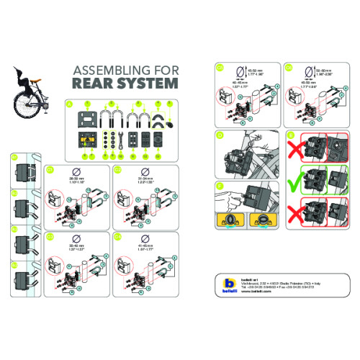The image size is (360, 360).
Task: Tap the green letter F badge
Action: click(218, 185)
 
